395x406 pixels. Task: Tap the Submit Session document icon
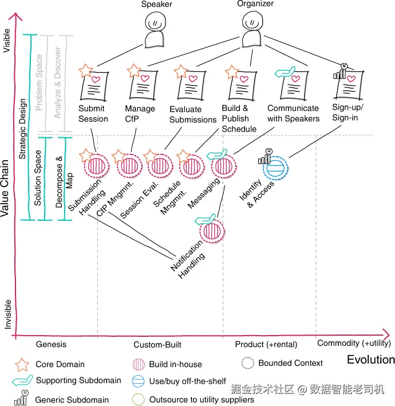point(93,85)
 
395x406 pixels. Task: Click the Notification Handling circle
point(210,232)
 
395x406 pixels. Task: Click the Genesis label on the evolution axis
point(52,344)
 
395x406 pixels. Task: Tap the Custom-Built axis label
point(157,344)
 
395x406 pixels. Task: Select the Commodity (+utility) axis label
point(354,344)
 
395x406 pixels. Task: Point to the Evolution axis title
point(370,360)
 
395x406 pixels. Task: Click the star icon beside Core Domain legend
point(22,364)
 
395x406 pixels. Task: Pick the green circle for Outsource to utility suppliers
point(137,400)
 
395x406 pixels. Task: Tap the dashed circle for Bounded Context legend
point(247,363)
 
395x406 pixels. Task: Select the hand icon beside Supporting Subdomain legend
point(22,381)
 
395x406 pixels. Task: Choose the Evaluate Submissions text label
point(193,114)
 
